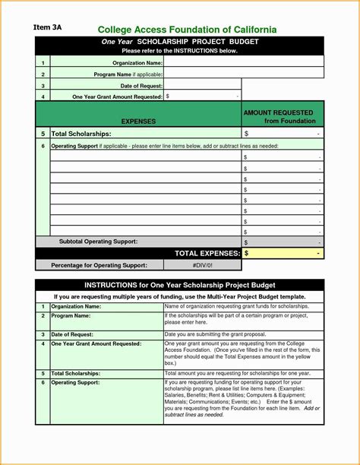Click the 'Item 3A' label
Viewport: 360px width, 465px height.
tap(47, 27)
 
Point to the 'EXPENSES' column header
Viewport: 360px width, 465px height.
tap(138, 121)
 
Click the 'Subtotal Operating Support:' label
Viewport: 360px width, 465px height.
tap(98, 241)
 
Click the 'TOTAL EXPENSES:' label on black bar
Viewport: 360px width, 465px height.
tap(207, 252)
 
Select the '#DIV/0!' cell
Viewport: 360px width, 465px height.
tap(204, 265)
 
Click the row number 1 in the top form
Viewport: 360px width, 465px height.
tap(43, 62)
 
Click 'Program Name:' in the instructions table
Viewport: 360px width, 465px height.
tap(71, 315)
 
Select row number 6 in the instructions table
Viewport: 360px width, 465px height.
tap(43, 383)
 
